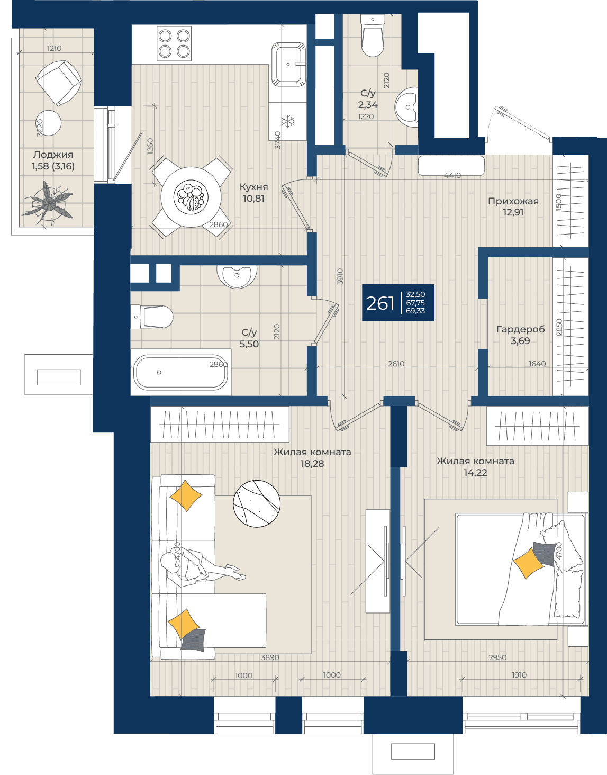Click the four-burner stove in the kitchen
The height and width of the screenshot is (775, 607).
(x=174, y=43)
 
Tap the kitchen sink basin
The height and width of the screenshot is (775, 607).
(x=288, y=64)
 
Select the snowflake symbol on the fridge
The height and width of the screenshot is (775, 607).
(x=288, y=121)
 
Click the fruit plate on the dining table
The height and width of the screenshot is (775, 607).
(x=191, y=197)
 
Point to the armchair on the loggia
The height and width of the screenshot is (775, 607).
(x=59, y=83)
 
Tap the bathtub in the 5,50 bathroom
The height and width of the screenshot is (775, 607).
(x=180, y=372)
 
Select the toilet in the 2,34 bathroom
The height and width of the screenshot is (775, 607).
(x=373, y=35)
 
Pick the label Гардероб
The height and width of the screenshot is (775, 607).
(x=520, y=329)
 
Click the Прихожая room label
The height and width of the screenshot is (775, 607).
(x=513, y=201)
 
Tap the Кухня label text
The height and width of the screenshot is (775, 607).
(x=253, y=187)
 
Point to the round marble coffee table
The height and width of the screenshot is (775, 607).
(x=256, y=503)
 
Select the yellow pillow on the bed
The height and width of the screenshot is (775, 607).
(x=529, y=563)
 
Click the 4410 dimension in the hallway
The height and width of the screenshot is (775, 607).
(x=452, y=175)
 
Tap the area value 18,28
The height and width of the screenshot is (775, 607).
(x=312, y=464)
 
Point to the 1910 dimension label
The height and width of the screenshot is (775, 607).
(x=519, y=675)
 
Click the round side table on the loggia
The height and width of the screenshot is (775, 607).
(x=49, y=123)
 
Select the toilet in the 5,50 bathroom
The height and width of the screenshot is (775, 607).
(x=152, y=317)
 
